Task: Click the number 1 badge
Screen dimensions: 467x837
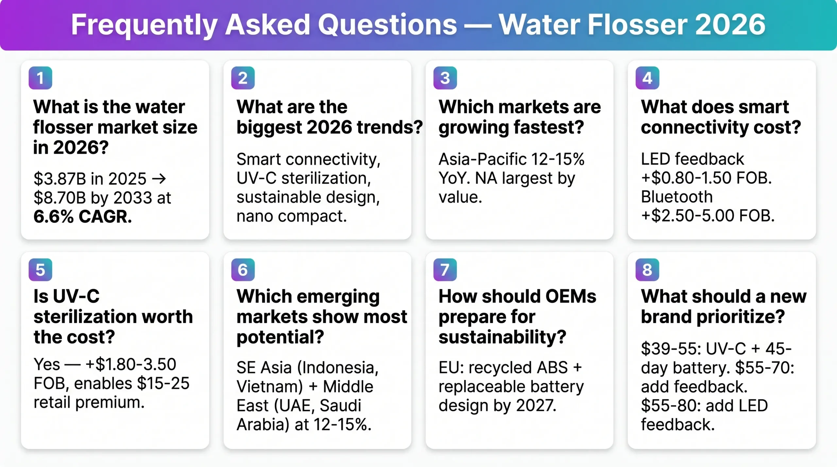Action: coord(40,78)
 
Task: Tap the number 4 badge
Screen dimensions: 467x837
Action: coord(647,78)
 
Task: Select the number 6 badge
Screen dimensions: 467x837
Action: coord(243,270)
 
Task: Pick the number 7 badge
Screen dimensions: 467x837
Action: coord(445,270)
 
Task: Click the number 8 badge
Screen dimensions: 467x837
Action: coord(647,270)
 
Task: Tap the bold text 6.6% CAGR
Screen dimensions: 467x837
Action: coord(83,217)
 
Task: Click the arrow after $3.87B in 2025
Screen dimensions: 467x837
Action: coord(159,179)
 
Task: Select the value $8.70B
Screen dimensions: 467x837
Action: coord(60,198)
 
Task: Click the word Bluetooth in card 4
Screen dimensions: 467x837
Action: coord(676,197)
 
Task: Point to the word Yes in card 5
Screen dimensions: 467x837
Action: coord(47,365)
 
